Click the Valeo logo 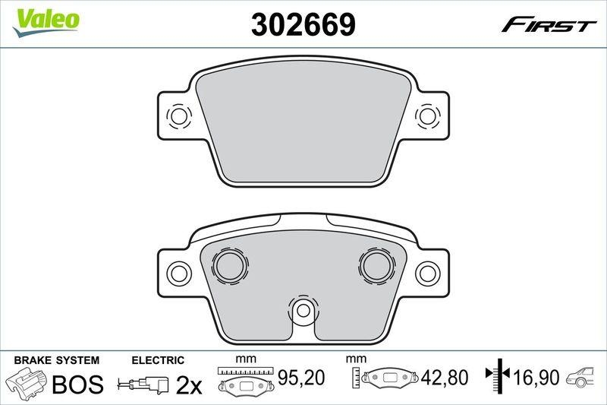point(46,22)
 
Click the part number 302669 point(303,24)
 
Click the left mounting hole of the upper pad point(178,115)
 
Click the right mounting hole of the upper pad point(428,115)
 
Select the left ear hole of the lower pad point(178,273)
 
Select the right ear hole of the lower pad point(428,273)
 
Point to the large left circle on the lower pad point(230,264)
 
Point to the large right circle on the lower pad point(376,264)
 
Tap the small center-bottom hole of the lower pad point(303,310)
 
